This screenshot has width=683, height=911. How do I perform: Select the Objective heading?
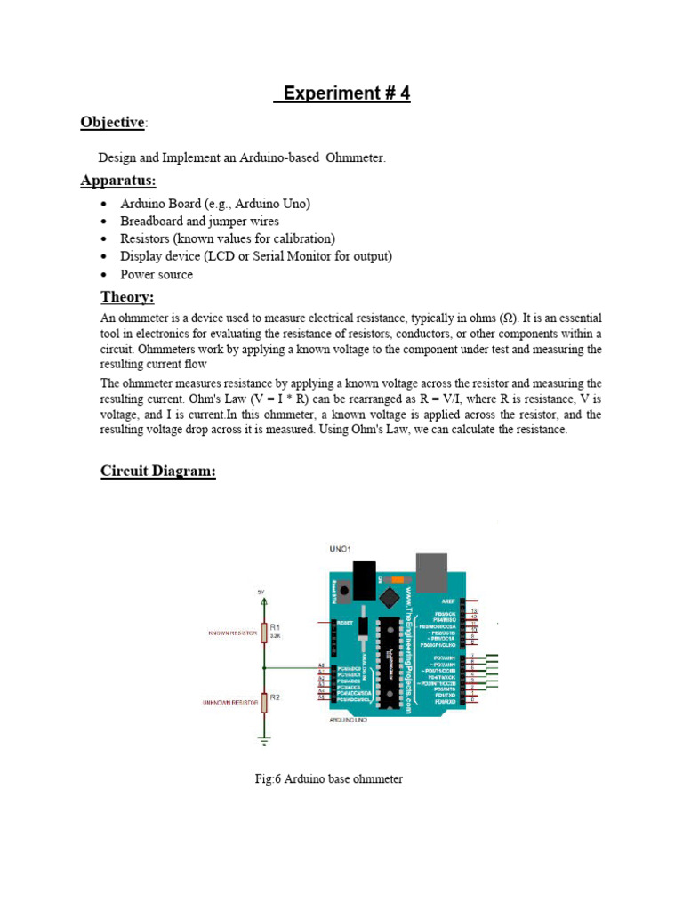(112, 122)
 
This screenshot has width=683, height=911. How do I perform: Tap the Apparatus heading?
(117, 181)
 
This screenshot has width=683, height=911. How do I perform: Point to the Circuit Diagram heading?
(157, 471)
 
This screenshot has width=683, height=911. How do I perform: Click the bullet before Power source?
(104, 275)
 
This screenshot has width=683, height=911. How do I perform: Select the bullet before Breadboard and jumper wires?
(104, 222)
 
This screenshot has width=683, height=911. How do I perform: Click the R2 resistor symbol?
(263, 702)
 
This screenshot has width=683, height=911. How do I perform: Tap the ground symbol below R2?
(263, 736)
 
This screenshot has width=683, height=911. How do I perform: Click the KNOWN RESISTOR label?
(230, 633)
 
